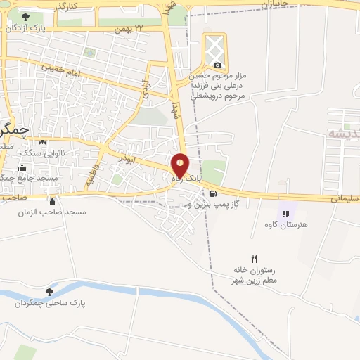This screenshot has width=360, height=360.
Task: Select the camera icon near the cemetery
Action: (217, 65)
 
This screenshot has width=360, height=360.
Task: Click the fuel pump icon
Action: (213, 193)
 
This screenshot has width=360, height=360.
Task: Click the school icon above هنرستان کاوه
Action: (285, 214)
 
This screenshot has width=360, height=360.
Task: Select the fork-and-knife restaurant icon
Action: (255, 258)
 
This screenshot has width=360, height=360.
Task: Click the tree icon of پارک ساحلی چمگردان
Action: (49, 292)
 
